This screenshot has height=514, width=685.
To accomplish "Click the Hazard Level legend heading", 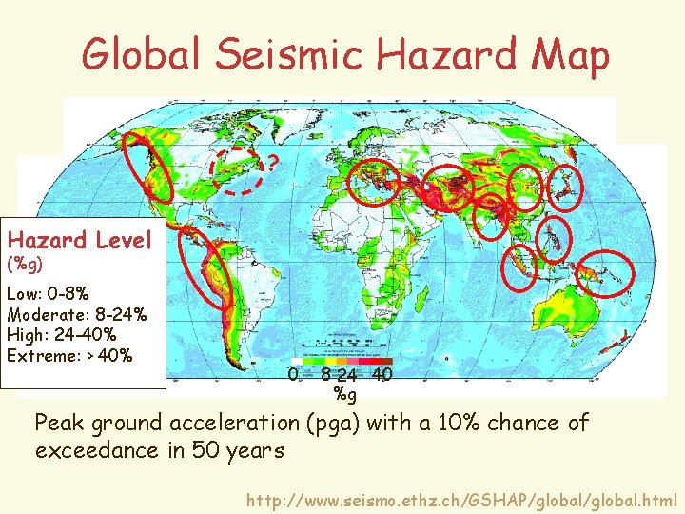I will click(x=79, y=240).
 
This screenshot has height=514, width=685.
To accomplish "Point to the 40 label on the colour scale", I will click(x=382, y=375).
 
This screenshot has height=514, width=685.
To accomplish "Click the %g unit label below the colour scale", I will click(x=345, y=393).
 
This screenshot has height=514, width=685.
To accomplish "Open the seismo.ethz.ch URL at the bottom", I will click(x=461, y=499).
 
